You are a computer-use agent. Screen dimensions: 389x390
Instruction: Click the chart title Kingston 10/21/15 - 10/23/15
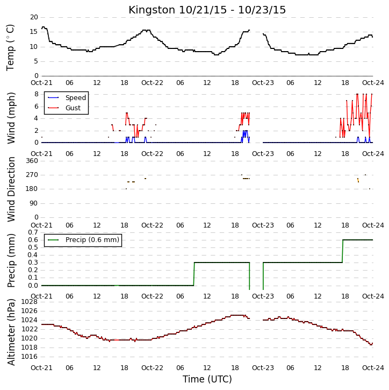pyautogui.click(x=207, y=10)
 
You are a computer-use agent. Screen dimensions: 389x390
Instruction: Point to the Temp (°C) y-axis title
pyautogui.click(x=10, y=47)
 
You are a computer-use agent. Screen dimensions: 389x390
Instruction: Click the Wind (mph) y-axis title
pyautogui.click(x=11, y=118)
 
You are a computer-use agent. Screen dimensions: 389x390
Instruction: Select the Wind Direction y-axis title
pyautogui.click(x=11, y=189)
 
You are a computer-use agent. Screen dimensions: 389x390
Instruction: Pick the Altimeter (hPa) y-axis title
pyautogui.click(x=11, y=332)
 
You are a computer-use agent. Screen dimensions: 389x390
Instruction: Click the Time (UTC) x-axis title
pyautogui.click(x=207, y=379)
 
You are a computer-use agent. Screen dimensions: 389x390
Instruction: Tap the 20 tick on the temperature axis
pyautogui.click(x=34, y=17)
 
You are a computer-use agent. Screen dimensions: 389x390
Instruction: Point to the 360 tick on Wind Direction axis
pyautogui.click(x=32, y=161)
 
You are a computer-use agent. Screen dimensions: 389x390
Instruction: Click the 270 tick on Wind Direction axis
pyautogui.click(x=32, y=175)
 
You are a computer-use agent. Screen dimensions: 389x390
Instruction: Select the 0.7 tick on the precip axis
pyautogui.click(x=33, y=232)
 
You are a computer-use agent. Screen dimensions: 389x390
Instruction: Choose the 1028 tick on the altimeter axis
pyautogui.click(x=30, y=302)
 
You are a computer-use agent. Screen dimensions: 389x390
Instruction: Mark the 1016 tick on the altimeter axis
pyautogui.click(x=30, y=357)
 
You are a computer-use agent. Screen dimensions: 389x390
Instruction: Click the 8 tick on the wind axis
pyautogui.click(x=37, y=94)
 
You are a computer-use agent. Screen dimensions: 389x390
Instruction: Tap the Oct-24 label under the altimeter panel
pyautogui.click(x=373, y=367)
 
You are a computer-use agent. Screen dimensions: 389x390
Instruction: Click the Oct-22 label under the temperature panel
pyautogui.click(x=152, y=83)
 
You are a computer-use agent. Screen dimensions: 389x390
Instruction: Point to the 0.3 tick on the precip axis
pyautogui.click(x=33, y=263)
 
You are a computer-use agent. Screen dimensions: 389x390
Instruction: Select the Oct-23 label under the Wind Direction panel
pyautogui.click(x=263, y=225)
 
